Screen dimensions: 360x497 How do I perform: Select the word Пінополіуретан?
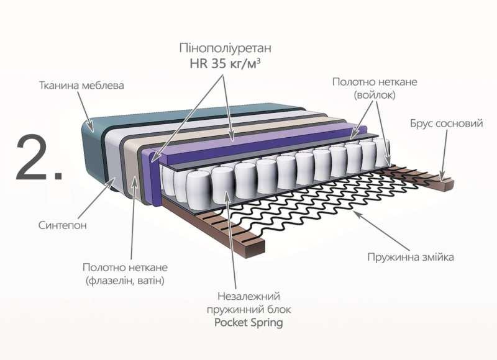[225, 48]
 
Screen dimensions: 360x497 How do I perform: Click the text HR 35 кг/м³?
[225, 63]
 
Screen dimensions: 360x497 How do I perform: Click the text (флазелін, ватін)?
[127, 281]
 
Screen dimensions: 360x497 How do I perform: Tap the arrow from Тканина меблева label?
[87, 112]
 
